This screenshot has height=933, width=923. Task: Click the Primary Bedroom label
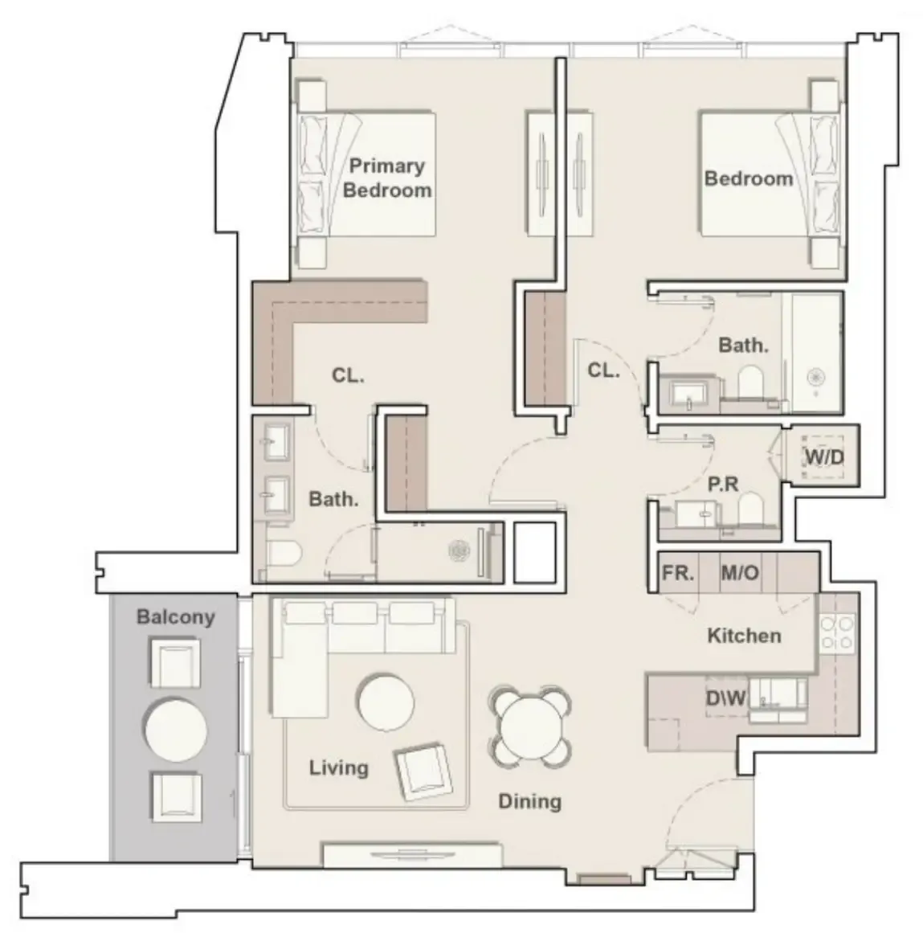pyautogui.click(x=387, y=178)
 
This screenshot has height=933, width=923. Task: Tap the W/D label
pyautogui.click(x=824, y=457)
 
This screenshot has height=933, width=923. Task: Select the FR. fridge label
pyautogui.click(x=678, y=573)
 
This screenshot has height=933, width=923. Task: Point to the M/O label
pyautogui.click(x=740, y=573)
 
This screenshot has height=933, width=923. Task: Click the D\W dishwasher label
pyautogui.click(x=725, y=698)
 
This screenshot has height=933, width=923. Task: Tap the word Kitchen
pyautogui.click(x=744, y=636)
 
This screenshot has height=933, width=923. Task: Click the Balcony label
pyautogui.click(x=175, y=617)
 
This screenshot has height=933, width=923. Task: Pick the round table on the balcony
pyautogui.click(x=175, y=730)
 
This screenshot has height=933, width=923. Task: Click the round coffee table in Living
pyautogui.click(x=386, y=702)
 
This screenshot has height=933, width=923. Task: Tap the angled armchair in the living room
pyautogui.click(x=423, y=771)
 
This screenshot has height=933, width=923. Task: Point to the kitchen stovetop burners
pyautogui.click(x=837, y=633)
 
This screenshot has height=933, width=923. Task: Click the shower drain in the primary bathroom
pyautogui.click(x=459, y=551)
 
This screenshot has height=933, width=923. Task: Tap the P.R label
pyautogui.click(x=723, y=485)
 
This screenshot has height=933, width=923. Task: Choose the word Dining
pyautogui.click(x=530, y=801)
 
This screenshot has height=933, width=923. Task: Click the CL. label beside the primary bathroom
pyautogui.click(x=348, y=375)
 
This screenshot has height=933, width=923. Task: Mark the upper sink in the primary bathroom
pyautogui.click(x=276, y=441)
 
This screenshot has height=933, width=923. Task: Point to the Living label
pyautogui.click(x=338, y=767)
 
